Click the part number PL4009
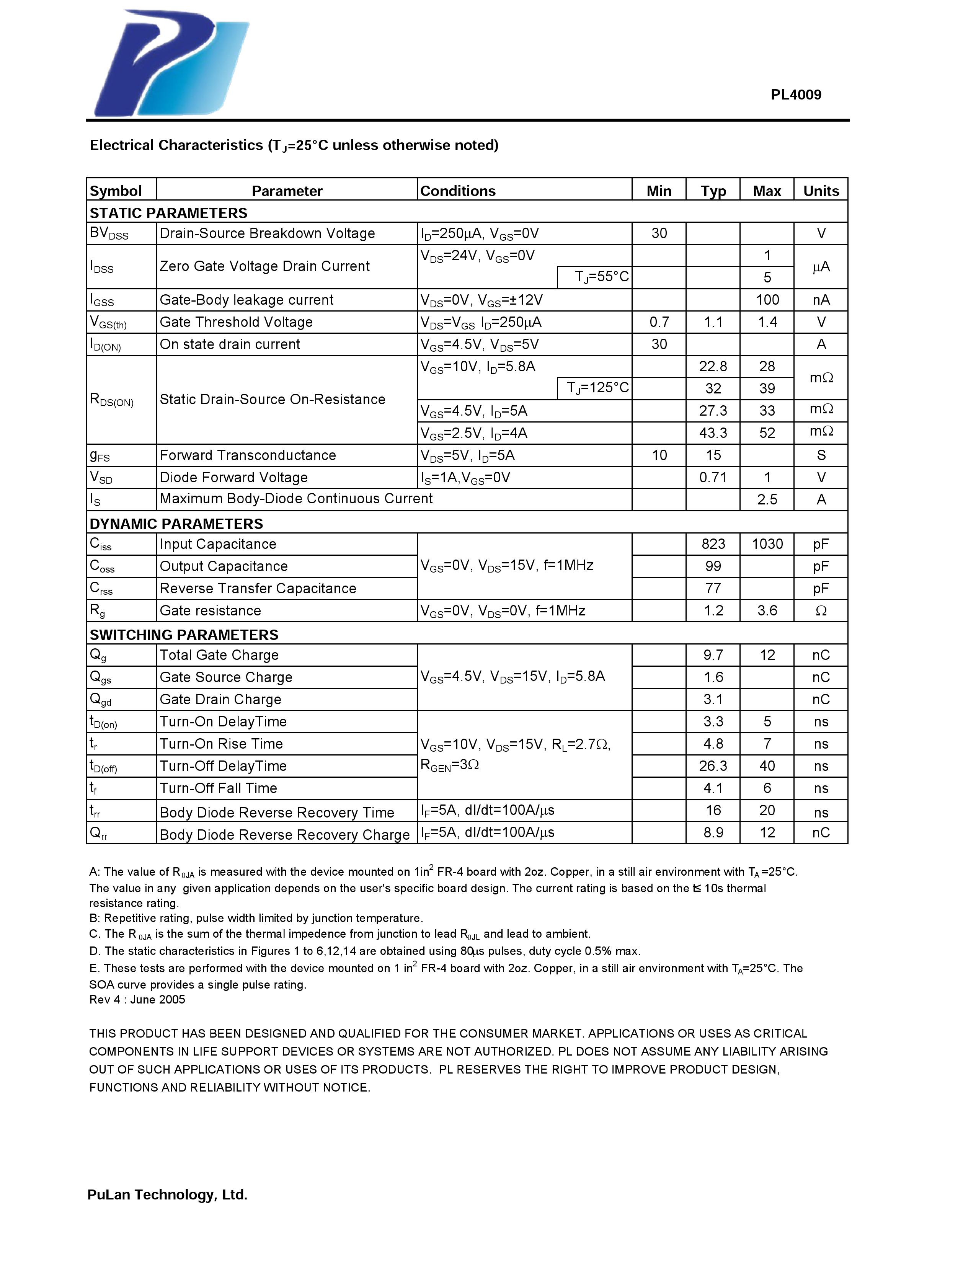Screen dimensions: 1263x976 [x=796, y=95]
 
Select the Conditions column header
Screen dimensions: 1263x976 [x=457, y=191]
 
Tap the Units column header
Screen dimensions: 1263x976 [x=821, y=191]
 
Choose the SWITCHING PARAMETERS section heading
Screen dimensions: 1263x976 [x=184, y=635]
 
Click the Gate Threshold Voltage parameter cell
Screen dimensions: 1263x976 [x=236, y=322]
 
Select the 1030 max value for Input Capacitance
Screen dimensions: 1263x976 [x=767, y=544]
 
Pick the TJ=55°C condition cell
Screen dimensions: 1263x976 [x=601, y=277]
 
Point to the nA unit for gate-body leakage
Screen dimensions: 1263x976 [x=821, y=300]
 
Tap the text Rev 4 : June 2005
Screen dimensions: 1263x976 [x=137, y=1000]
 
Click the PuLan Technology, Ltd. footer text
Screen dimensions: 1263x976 [x=167, y=1195]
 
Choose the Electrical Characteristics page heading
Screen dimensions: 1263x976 [x=294, y=145]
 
